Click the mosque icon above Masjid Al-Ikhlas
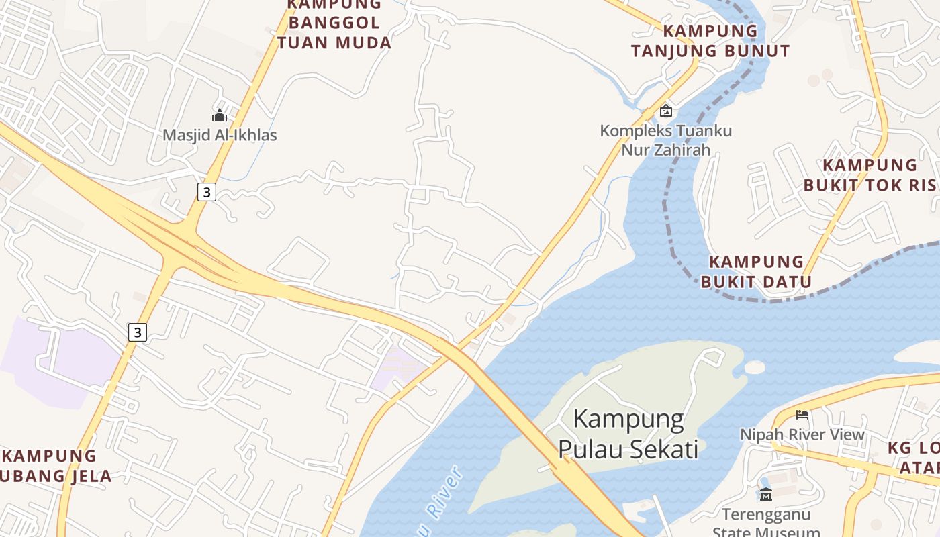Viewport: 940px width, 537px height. [220, 115]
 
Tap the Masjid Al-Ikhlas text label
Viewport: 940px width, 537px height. [220, 135]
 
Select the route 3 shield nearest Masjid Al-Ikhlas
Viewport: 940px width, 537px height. [206, 192]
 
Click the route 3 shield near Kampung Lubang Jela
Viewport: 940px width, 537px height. [137, 332]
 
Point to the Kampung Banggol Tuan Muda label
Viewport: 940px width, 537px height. [334, 24]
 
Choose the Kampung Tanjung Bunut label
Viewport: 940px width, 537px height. [710, 41]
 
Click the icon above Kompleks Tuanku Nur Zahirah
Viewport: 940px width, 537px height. [665, 111]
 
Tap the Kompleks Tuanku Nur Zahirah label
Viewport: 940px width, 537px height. [665, 140]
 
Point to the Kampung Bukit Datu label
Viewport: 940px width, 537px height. [757, 271]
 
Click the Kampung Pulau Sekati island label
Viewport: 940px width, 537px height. [628, 434]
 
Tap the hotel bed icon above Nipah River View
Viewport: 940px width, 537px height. [802, 415]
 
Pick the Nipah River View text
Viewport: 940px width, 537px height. [802, 434]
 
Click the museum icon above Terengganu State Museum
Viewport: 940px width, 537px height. [765, 495]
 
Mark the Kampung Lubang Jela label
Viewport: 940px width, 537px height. [54, 466]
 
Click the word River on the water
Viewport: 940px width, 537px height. [444, 493]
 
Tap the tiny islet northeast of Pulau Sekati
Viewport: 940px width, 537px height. [755, 367]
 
